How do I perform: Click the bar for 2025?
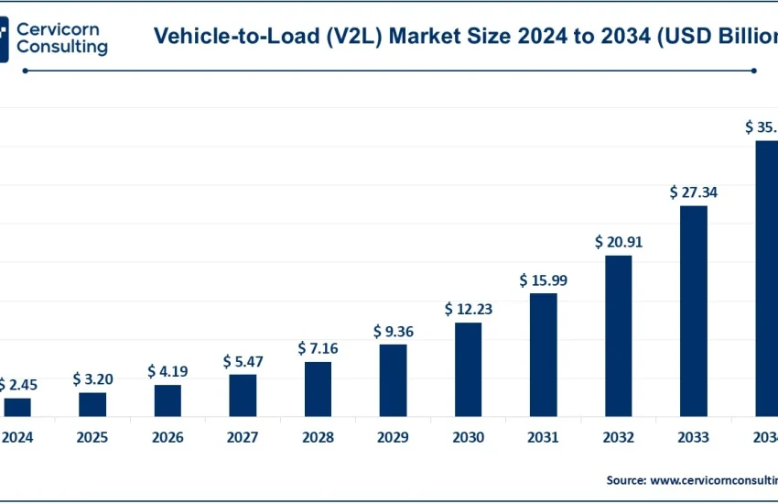(92, 404)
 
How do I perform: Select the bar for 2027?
(243, 395)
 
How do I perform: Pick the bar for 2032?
(619, 335)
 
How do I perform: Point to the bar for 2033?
(694, 311)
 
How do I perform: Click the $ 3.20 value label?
(92, 378)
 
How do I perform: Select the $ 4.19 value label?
(167, 371)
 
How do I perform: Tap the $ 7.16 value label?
(318, 348)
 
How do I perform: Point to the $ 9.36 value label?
(394, 331)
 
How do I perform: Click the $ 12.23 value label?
(469, 309)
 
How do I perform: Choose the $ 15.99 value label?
(544, 280)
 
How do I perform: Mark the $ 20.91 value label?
(619, 242)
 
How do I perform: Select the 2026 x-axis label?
(167, 438)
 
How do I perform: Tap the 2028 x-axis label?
(318, 438)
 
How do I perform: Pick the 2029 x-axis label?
(394, 438)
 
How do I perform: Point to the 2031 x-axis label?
(544, 438)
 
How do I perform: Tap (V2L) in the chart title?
(351, 36)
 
